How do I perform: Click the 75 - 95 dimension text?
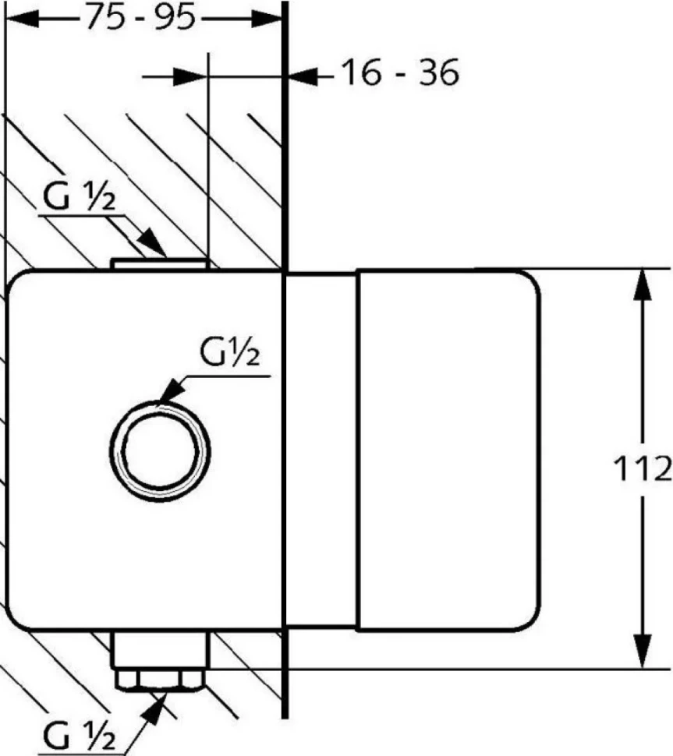141,19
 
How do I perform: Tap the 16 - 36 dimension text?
400,73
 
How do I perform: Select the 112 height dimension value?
643,468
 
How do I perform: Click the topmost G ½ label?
80,196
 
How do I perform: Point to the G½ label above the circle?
229,352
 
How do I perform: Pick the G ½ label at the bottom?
80,737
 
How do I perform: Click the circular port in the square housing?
160,451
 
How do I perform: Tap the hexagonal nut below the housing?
160,680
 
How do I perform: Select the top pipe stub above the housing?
160,263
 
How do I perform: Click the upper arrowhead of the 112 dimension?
642,284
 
